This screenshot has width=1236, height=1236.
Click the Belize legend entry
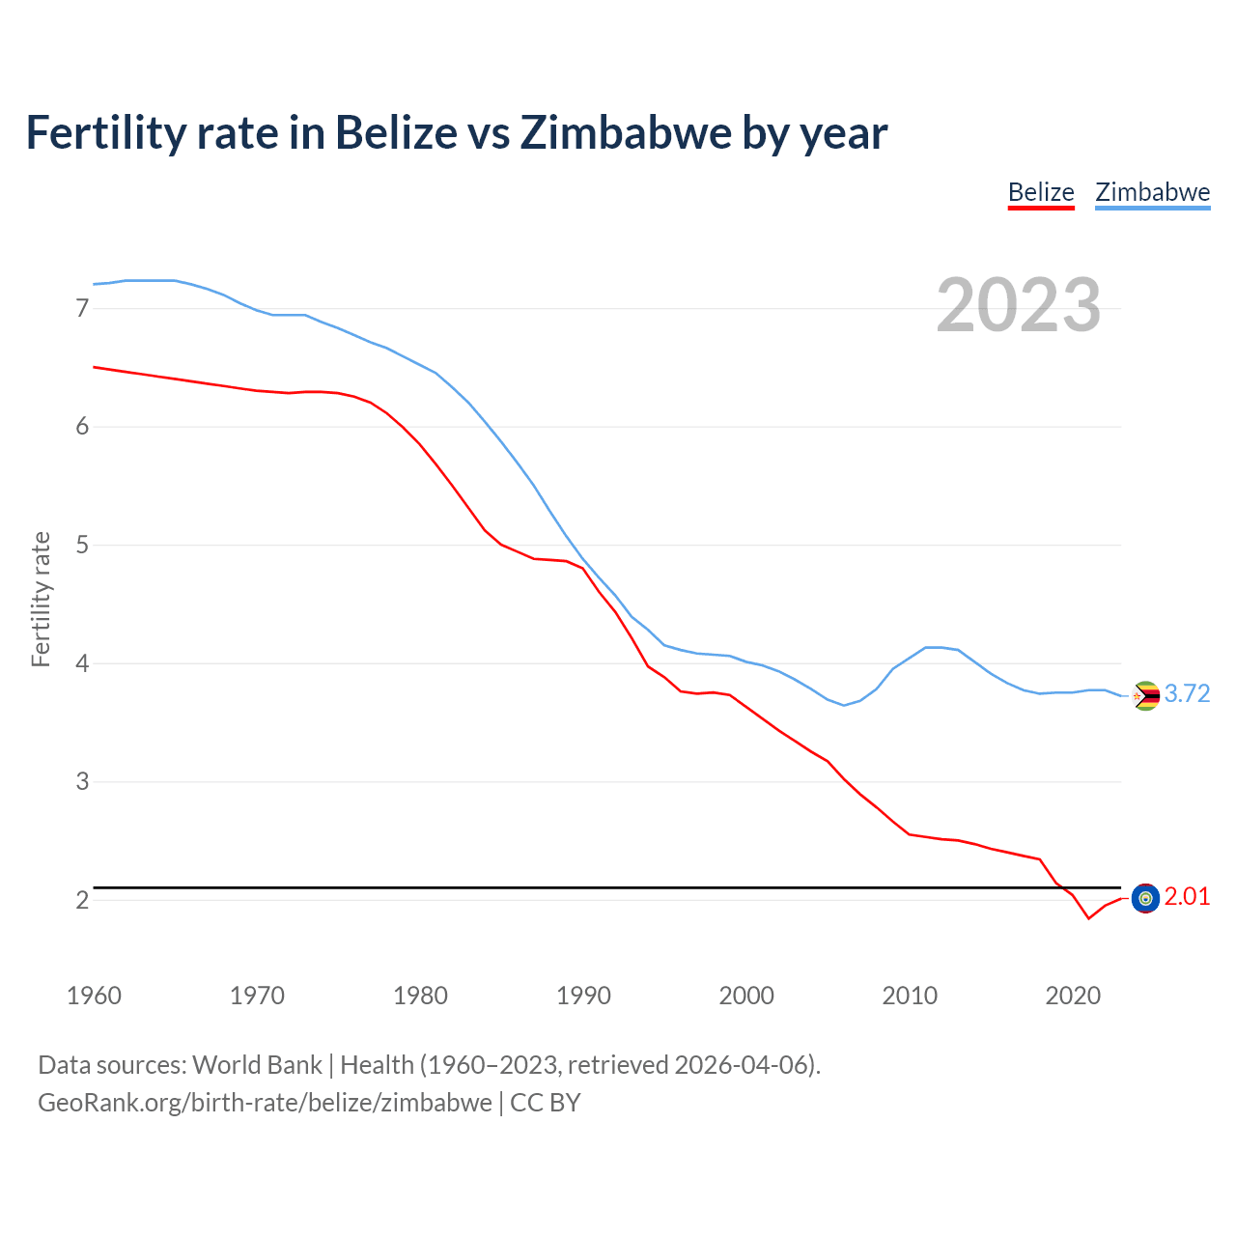[1040, 192]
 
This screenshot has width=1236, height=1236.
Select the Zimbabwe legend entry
[1152, 192]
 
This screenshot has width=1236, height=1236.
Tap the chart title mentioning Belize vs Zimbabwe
[456, 132]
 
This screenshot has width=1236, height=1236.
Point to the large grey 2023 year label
[1018, 305]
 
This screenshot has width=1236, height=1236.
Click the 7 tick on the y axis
[82, 308]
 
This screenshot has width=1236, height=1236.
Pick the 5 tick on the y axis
[82, 545]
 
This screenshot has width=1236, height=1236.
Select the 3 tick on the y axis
[82, 781]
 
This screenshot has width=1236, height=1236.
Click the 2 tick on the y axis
[82, 900]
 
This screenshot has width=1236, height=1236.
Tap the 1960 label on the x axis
[94, 996]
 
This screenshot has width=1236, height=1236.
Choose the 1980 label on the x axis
[420, 996]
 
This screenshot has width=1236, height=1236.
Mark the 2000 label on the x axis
[746, 996]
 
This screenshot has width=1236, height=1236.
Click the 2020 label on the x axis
[1073, 996]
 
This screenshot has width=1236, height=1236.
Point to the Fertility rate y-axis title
[41, 599]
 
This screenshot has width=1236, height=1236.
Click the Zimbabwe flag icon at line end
[1145, 695]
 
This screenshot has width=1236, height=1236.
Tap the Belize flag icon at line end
[1145, 898]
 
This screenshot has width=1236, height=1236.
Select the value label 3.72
[1187, 694]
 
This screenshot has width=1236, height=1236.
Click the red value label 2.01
[1187, 897]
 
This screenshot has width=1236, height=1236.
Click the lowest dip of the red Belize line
[1088, 918]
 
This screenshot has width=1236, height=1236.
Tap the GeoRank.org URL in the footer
[265, 1103]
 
